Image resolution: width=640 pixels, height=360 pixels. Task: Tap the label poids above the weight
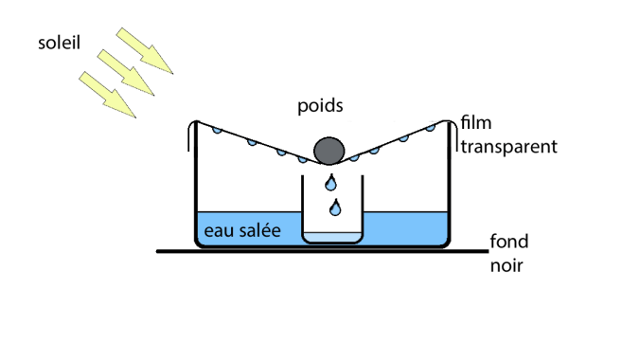point(320,103)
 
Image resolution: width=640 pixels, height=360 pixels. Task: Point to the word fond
point(508,242)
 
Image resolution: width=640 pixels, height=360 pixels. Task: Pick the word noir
point(507,266)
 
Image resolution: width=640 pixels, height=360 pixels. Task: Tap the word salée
point(257,230)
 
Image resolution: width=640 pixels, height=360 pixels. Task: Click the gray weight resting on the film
point(329,150)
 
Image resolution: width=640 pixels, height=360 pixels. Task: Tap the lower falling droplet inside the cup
point(333,206)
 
